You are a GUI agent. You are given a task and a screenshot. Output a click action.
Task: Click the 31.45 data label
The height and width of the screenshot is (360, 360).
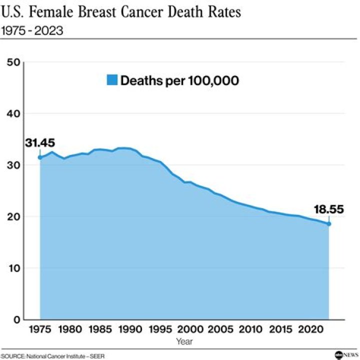click(40, 143)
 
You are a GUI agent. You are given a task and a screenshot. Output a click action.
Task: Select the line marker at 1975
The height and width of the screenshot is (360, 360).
click(40, 157)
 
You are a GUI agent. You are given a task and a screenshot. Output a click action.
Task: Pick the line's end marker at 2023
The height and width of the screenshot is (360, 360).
click(329, 223)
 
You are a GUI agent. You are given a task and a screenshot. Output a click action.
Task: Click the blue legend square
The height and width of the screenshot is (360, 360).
click(112, 80)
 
